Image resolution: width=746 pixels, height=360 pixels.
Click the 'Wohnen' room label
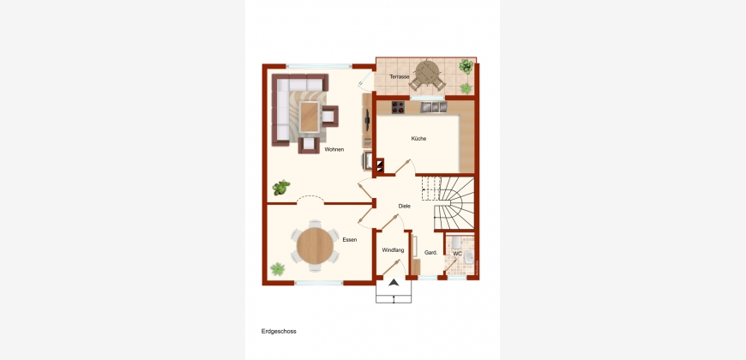(x=334, y=149)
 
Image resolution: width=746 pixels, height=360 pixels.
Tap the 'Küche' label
(x=418, y=138)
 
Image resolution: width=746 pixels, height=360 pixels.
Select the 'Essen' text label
(x=350, y=240)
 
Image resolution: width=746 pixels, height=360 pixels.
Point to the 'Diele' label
(x=405, y=206)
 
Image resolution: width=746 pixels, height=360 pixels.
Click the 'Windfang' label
(x=393, y=249)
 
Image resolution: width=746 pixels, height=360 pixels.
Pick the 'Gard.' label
(x=431, y=253)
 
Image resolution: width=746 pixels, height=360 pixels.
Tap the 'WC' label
(x=457, y=254)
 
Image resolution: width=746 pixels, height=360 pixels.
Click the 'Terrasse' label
(x=400, y=76)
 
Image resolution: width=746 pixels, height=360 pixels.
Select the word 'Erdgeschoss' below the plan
(x=279, y=332)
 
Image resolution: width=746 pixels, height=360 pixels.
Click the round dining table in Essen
(x=315, y=245)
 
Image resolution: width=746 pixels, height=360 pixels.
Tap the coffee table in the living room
(x=310, y=117)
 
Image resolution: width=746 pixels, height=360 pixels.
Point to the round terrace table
(x=427, y=73)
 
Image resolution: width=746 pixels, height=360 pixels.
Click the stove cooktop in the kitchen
(x=398, y=107)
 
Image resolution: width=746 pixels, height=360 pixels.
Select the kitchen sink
(x=433, y=107)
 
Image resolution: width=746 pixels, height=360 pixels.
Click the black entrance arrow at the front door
(x=394, y=283)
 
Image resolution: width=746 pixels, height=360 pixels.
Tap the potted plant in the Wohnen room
(x=281, y=188)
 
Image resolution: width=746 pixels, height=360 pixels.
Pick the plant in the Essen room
(x=277, y=269)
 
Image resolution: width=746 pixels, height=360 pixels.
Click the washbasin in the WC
(x=469, y=258)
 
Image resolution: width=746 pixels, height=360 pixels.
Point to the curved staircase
(x=454, y=203)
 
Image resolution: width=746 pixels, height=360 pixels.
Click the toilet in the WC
(x=456, y=243)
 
